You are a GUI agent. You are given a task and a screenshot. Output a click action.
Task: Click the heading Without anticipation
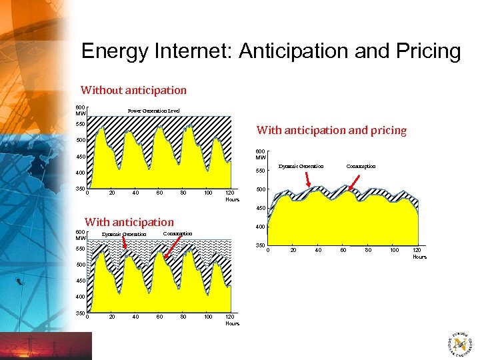[x=133, y=90]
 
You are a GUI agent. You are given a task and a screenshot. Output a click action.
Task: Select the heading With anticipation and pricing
[x=331, y=130]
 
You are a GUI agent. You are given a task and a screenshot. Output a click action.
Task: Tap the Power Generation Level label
[x=153, y=111]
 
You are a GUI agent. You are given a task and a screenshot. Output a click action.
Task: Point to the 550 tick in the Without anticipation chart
[x=80, y=124]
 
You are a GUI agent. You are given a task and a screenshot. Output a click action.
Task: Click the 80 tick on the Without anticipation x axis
[x=183, y=193]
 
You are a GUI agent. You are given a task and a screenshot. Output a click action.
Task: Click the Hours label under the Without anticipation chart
[x=232, y=199]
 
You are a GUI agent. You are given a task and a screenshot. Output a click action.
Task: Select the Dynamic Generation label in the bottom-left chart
[x=124, y=235]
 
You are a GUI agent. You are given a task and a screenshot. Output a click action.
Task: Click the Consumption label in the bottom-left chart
[x=177, y=233]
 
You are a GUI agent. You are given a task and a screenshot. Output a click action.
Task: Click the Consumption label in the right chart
[x=361, y=166]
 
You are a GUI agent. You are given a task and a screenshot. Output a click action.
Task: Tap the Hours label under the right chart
[x=419, y=257]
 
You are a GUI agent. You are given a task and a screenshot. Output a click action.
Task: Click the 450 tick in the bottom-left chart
[x=80, y=281]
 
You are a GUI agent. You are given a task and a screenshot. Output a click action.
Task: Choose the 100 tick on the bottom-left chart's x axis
[x=208, y=317]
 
